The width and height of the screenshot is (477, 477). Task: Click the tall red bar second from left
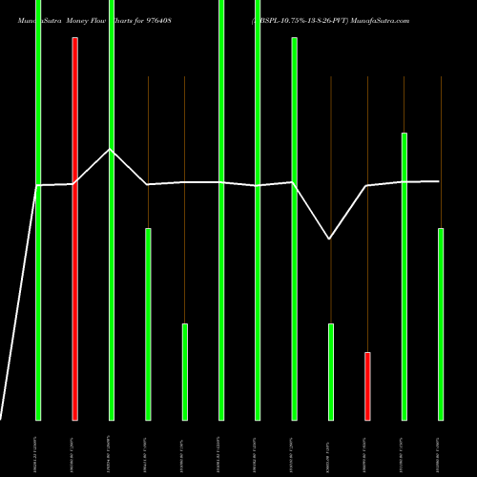(x=74, y=229)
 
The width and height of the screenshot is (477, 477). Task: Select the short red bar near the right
(x=367, y=385)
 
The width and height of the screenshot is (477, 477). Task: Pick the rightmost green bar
(x=441, y=323)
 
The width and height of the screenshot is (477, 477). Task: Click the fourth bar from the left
(x=148, y=323)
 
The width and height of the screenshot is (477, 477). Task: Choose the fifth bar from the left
(x=185, y=371)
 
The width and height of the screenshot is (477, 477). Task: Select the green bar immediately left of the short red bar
(x=331, y=371)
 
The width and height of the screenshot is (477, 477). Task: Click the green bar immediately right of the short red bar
(x=404, y=276)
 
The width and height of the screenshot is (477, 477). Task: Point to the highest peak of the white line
(x=111, y=150)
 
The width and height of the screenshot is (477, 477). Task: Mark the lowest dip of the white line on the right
(x=330, y=238)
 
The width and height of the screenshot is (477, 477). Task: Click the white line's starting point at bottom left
(x=2, y=418)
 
